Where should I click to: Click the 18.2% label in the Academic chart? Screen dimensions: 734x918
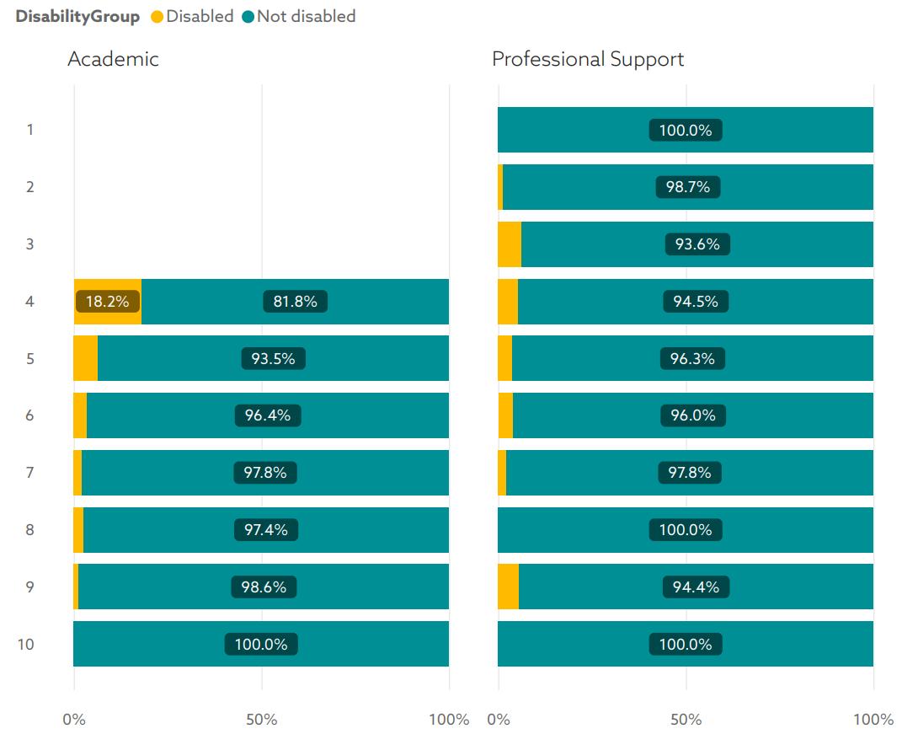click(107, 302)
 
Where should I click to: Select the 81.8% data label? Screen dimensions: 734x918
click(294, 302)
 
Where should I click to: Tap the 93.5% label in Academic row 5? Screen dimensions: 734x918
click(273, 359)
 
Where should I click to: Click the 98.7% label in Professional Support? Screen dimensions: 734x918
click(688, 187)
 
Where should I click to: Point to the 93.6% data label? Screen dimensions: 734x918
click(697, 244)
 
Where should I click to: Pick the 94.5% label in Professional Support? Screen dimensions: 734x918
click(696, 302)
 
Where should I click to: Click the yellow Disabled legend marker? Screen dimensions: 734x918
click(157, 17)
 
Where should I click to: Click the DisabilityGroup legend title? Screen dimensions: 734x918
click(77, 17)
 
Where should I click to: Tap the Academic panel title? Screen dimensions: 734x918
click(113, 59)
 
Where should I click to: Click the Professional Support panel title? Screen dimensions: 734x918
click(588, 59)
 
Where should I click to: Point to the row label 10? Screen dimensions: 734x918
click(26, 645)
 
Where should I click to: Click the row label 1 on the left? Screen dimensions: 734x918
click(29, 130)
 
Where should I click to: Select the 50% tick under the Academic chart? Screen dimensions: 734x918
click(262, 720)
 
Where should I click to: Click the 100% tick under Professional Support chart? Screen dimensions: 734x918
click(873, 720)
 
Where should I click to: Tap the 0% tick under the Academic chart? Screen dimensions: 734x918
click(74, 720)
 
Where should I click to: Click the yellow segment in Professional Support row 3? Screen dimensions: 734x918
click(510, 244)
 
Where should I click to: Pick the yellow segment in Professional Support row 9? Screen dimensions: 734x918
click(508, 587)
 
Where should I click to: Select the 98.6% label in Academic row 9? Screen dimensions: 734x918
click(264, 587)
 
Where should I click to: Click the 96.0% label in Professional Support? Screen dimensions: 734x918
click(692, 416)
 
